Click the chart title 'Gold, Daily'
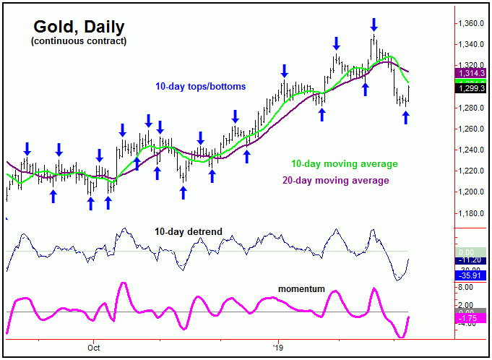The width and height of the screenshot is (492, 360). click(x=79, y=27)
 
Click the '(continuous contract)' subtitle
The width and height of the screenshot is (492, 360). click(x=79, y=41)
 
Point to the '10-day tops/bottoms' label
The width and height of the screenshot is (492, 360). click(x=200, y=87)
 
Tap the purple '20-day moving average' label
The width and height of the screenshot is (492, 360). click(x=338, y=180)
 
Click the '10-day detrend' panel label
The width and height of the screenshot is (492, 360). click(x=188, y=232)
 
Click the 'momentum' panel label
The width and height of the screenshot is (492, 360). click(x=301, y=289)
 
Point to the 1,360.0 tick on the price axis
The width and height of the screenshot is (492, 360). click(x=470, y=24)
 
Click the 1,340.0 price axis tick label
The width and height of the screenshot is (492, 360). click(x=470, y=45)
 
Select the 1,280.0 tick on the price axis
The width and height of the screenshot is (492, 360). click(x=470, y=108)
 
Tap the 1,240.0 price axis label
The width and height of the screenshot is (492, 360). click(x=470, y=150)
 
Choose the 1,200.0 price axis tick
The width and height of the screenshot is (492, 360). click(x=470, y=192)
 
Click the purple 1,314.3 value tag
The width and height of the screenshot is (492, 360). click(x=470, y=74)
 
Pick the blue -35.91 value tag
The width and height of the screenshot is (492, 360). click(x=470, y=275)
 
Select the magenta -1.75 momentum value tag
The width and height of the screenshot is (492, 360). click(x=470, y=318)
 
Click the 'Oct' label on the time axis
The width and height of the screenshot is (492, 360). click(x=92, y=346)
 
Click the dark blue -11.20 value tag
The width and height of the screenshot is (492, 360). click(x=470, y=260)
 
